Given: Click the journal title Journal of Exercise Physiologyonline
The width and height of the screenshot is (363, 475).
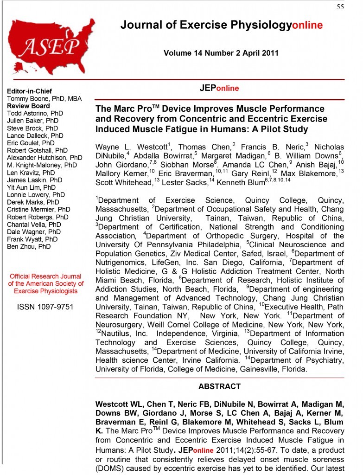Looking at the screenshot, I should click(221, 25).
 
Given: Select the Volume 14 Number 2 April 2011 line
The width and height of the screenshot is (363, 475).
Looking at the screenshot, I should click(221, 53).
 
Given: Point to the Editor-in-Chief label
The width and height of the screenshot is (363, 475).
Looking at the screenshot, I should click(29, 91).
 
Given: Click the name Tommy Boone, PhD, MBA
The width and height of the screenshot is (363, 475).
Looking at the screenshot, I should click(38, 98).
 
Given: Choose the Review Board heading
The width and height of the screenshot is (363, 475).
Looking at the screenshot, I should click(28, 106).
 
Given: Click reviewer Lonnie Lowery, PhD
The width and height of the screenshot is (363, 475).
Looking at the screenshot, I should click(36, 195).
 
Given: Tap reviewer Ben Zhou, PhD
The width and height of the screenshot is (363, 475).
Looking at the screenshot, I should click(29, 247).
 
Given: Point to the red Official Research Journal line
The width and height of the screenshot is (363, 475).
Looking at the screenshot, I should click(45, 276).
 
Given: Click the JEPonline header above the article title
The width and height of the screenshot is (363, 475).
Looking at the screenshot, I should click(219, 88).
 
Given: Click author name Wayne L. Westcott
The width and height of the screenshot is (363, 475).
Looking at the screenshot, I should click(132, 147).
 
